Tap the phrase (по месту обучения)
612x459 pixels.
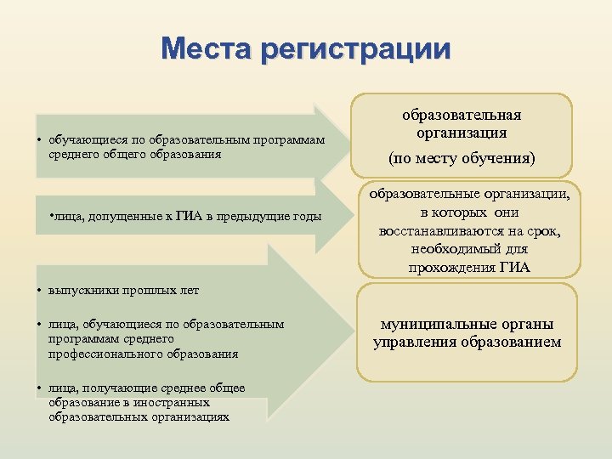(x=462, y=158)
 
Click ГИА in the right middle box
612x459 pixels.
(x=514, y=268)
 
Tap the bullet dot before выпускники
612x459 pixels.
(x=41, y=290)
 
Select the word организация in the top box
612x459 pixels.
(x=462, y=133)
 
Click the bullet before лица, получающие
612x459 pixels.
(x=41, y=388)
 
